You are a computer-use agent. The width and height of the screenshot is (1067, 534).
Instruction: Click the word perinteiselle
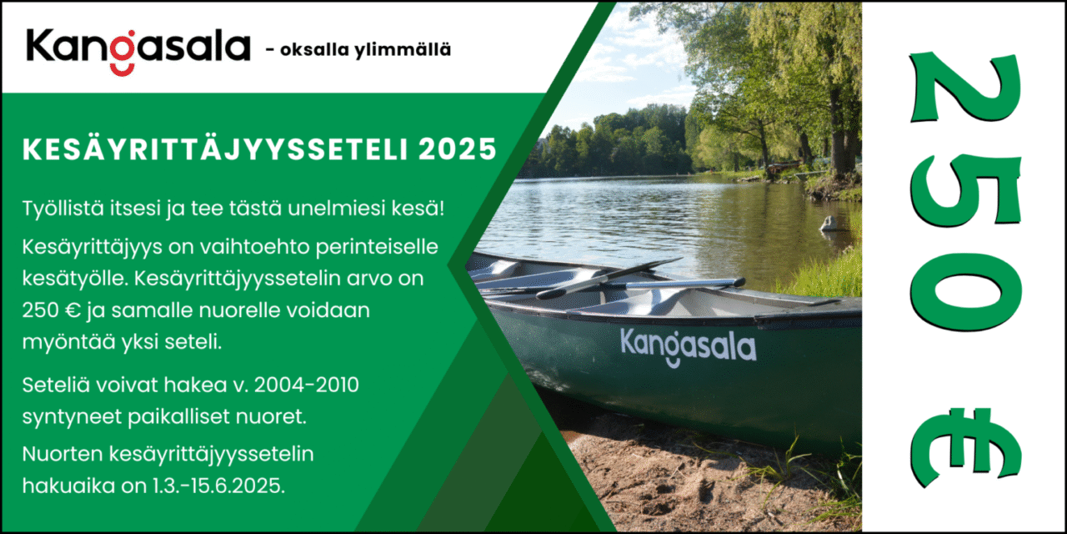[x=377, y=249]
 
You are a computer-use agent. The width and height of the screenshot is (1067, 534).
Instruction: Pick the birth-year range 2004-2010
[x=306, y=385]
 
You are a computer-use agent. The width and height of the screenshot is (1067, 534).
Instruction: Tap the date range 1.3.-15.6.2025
[x=219, y=486]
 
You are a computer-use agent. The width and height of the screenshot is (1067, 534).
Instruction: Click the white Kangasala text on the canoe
[x=689, y=347]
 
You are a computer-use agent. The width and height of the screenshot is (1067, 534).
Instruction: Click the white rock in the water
[x=829, y=224]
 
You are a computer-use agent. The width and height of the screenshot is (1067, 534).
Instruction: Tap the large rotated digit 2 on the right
[x=965, y=88]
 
